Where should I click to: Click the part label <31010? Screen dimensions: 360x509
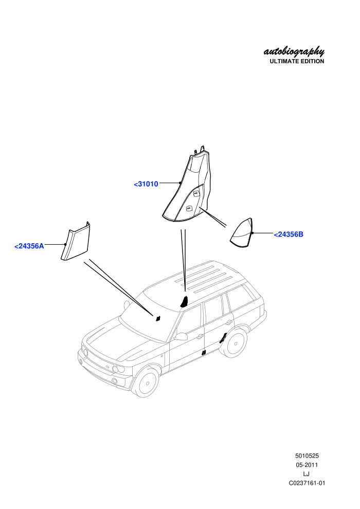pos(146,184)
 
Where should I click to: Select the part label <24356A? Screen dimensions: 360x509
pos(29,246)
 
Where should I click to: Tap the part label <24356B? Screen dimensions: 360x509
pos(289,234)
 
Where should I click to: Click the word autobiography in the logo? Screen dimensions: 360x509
pos(294,51)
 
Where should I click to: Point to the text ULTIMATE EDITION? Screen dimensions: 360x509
pos(297,61)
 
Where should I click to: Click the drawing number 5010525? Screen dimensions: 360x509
pos(307,456)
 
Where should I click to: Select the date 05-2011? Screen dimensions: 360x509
pos(307,465)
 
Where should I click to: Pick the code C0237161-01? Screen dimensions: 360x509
pos(307,483)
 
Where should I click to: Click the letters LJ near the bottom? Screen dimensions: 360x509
pos(306,474)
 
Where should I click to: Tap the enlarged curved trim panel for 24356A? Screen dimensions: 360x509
pos(76,242)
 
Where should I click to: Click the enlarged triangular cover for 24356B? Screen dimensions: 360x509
pos(242,234)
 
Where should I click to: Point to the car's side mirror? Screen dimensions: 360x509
pos(181,336)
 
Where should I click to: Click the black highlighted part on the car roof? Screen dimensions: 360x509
pos(184,301)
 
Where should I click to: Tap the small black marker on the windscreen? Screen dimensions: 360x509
pos(158,318)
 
